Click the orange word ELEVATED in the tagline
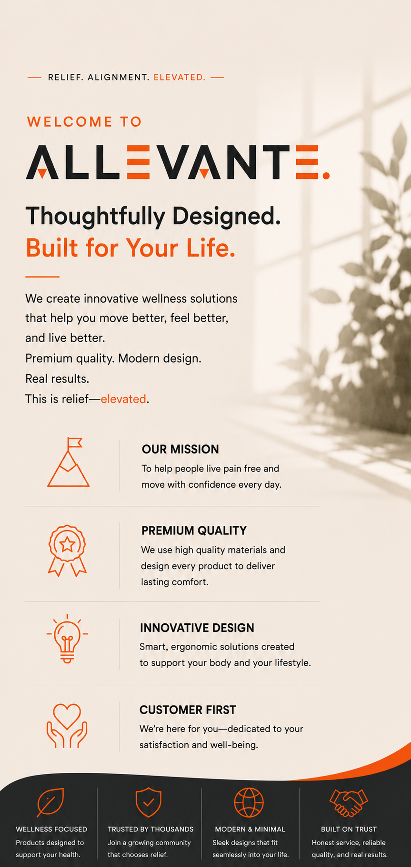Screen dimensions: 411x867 coord(179,77)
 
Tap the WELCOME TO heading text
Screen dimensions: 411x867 coord(85,122)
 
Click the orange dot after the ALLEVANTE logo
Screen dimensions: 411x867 coord(326,176)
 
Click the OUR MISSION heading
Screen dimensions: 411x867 coord(180,449)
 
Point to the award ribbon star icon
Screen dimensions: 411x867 coord(67,551)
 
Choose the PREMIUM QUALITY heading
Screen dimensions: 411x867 coord(194,531)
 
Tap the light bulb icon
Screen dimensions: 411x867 coord(67,639)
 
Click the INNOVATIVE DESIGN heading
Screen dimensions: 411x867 coord(197,628)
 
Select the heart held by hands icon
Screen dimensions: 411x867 coord(67,725)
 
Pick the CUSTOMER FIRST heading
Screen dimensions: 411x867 coord(188,710)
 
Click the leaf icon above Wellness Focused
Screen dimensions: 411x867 coord(50,802)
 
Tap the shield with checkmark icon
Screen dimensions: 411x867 coord(149,802)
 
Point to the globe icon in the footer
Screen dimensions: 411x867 coord(249,802)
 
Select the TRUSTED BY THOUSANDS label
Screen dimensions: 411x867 coord(150,829)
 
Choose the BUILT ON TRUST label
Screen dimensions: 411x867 coord(349,829)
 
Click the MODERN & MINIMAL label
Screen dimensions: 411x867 coord(250,829)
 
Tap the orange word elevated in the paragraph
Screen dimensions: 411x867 coord(123,399)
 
